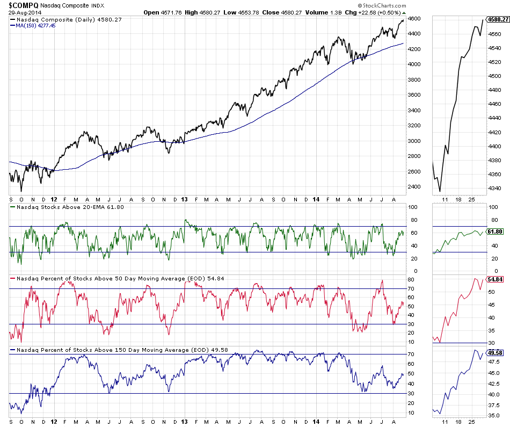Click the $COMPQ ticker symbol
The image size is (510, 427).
tap(23, 5)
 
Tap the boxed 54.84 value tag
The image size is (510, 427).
tap(494, 280)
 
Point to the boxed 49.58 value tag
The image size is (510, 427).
tap(494, 352)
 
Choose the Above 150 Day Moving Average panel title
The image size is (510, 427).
tap(118, 350)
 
